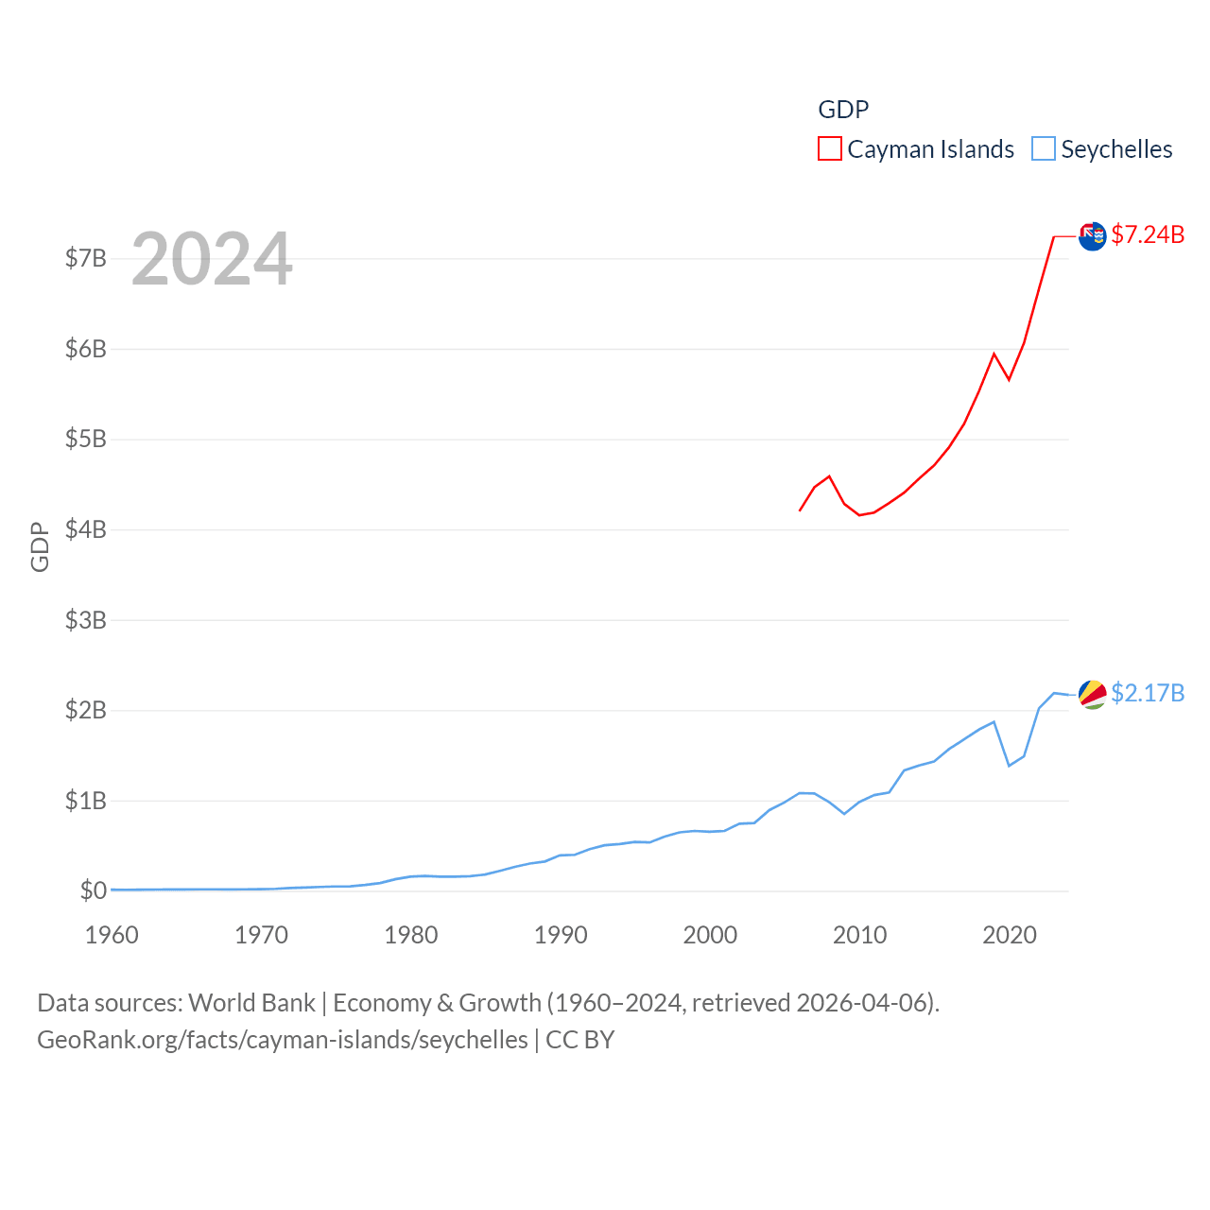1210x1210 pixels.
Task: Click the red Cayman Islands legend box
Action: tap(829, 149)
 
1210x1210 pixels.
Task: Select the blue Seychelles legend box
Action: tap(1043, 149)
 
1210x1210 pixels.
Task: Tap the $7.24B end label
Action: tap(1148, 234)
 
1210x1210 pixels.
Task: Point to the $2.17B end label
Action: tap(1148, 693)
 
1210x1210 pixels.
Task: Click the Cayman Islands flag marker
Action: tap(1092, 236)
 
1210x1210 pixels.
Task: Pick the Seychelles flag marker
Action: tap(1092, 694)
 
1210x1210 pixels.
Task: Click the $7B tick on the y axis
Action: tap(85, 258)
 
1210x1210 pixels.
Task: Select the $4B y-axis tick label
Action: tap(85, 529)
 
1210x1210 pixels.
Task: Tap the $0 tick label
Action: tap(93, 890)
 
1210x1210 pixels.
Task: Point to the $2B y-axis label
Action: tap(85, 710)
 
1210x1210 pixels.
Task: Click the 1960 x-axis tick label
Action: tap(112, 936)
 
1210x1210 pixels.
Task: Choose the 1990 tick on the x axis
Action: tap(561, 936)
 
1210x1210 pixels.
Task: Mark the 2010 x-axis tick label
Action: tap(859, 936)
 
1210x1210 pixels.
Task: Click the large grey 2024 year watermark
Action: tap(212, 259)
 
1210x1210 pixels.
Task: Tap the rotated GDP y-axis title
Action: tap(40, 546)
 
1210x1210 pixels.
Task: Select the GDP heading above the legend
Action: tap(843, 110)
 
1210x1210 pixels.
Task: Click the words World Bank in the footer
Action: tap(251, 1002)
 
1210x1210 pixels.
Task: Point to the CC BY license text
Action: tap(580, 1040)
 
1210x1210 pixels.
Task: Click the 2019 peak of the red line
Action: tap(994, 354)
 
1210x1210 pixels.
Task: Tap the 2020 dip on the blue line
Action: tap(1009, 765)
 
